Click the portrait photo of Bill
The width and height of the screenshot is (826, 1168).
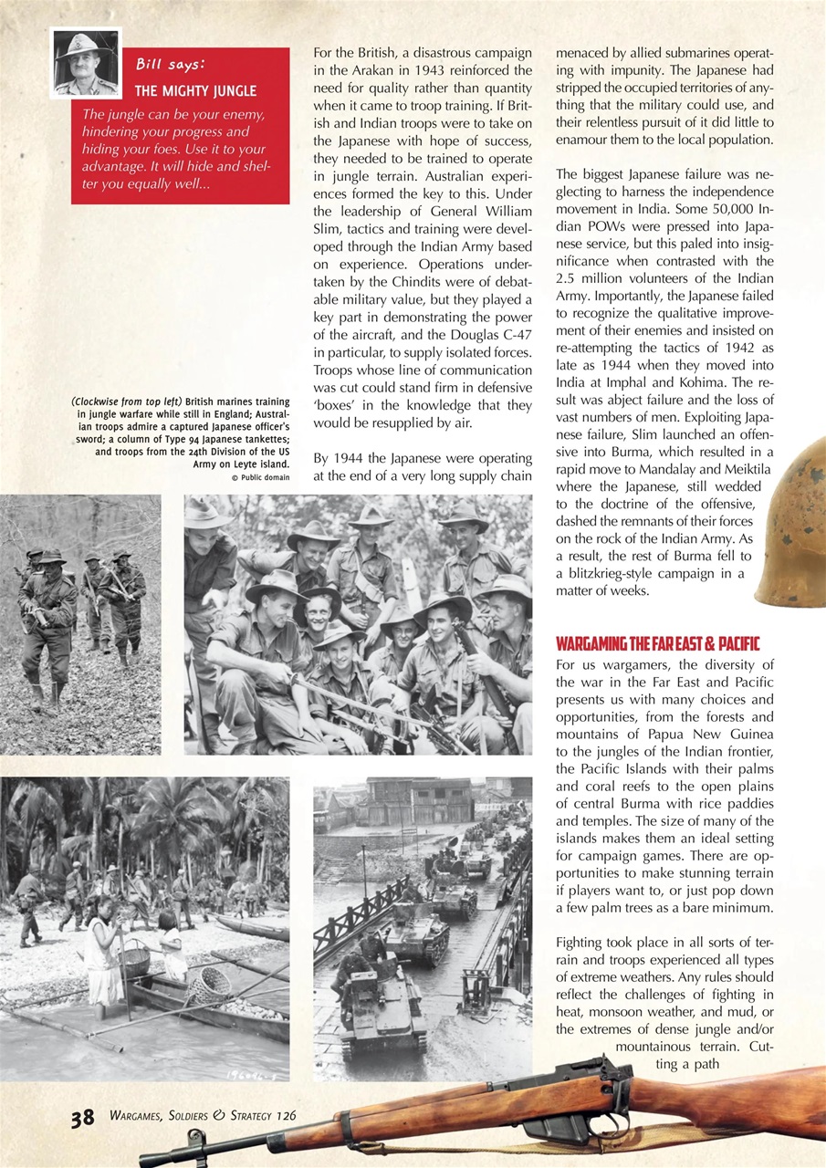(x=87, y=63)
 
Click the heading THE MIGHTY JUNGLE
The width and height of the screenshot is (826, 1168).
(x=195, y=91)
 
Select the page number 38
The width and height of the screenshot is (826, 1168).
(x=83, y=1118)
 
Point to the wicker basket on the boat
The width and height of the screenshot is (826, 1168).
(x=209, y=985)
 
